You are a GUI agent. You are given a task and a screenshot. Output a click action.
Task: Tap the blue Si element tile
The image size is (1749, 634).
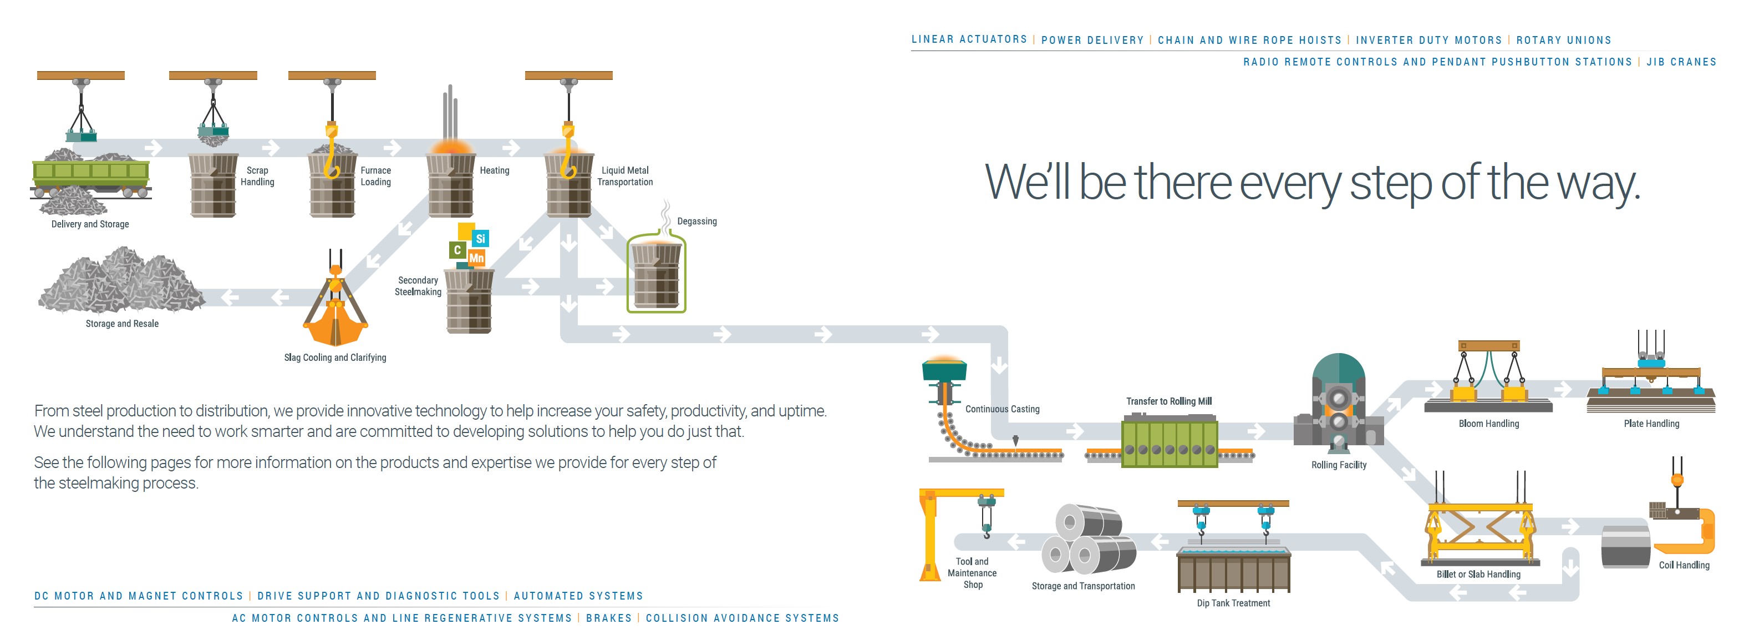(x=480, y=239)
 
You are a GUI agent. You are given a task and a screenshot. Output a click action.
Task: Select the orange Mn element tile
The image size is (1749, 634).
(x=477, y=258)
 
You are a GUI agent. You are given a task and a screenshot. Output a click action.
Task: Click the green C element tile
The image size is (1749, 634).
(x=457, y=250)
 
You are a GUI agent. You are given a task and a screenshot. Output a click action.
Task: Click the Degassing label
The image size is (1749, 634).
(x=696, y=222)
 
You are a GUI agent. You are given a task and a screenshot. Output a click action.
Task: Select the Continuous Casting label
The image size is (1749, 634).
(x=1002, y=409)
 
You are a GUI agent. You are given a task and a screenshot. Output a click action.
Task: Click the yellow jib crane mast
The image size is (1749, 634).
(x=928, y=534)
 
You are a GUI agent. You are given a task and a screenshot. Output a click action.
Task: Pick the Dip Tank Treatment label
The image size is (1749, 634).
(x=1233, y=603)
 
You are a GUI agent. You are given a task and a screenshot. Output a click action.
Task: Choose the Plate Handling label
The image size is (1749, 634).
(x=1651, y=424)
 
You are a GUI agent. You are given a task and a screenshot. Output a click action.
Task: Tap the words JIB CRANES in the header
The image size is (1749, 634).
(x=1681, y=62)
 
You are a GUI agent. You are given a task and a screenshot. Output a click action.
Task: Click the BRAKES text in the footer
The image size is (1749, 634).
(x=609, y=618)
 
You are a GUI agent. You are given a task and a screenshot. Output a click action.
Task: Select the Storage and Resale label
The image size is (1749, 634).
(x=122, y=324)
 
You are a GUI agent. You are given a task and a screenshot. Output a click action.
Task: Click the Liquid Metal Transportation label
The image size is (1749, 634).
(x=624, y=176)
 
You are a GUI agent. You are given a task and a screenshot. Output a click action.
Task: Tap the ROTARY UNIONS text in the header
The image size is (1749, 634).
(x=1564, y=40)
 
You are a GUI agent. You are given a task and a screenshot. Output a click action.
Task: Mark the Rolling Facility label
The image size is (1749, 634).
(x=1338, y=465)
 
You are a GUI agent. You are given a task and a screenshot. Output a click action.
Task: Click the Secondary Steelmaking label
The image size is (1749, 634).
(x=418, y=286)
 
